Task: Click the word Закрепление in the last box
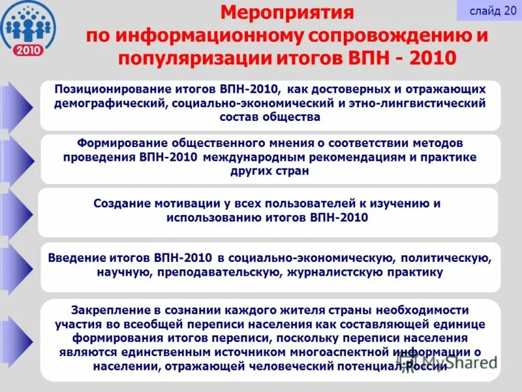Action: coord(106,310)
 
